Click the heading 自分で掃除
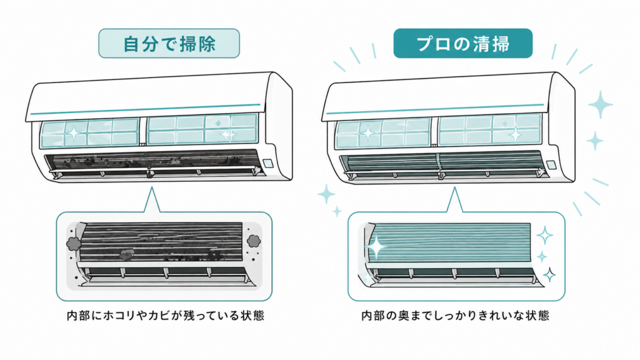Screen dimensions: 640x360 pyautogui.click(x=169, y=44)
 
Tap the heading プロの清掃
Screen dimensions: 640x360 pyautogui.click(x=463, y=44)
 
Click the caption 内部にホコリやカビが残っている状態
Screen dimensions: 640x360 pyautogui.click(x=166, y=316)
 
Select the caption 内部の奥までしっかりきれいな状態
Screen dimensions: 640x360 pyautogui.click(x=456, y=316)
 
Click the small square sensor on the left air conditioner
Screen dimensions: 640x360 pyautogui.click(x=268, y=163)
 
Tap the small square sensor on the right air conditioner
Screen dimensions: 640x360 pyautogui.click(x=551, y=164)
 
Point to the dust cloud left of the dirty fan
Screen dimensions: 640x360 pyautogui.click(x=73, y=243)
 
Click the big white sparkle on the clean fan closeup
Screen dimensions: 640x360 pyautogui.click(x=376, y=247)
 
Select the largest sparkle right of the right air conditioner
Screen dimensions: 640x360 pyautogui.click(x=601, y=104)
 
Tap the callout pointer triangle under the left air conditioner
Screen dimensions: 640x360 pyautogui.click(x=152, y=200)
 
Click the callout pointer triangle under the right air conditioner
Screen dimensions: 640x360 pyautogui.click(x=455, y=200)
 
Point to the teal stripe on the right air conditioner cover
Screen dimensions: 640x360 pyautogui.click(x=435, y=109)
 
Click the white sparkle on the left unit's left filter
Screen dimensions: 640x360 pyautogui.click(x=74, y=133)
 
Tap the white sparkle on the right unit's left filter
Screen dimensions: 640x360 pyautogui.click(x=367, y=132)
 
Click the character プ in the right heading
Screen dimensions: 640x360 pyautogui.click(x=426, y=44)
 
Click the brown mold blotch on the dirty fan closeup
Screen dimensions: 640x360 pyautogui.click(x=125, y=255)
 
